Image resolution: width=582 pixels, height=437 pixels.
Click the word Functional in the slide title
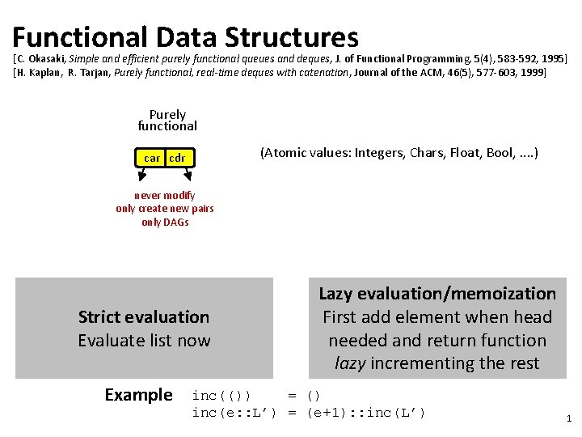point(80,37)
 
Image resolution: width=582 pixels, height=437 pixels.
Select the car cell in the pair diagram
point(151,159)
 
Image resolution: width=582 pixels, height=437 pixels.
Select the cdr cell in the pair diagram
point(177,159)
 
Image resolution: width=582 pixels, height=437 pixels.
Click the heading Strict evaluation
point(144,317)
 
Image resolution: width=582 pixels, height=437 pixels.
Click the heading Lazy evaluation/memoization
point(437,294)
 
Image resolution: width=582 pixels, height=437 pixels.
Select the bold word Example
point(138,395)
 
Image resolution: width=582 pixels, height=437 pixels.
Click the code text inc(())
point(221,396)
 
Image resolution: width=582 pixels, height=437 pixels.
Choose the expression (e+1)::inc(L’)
point(365,413)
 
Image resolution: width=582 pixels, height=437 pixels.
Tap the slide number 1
point(569,419)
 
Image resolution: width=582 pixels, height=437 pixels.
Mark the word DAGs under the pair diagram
point(175,223)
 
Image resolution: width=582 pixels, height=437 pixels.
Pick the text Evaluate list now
point(144,341)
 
